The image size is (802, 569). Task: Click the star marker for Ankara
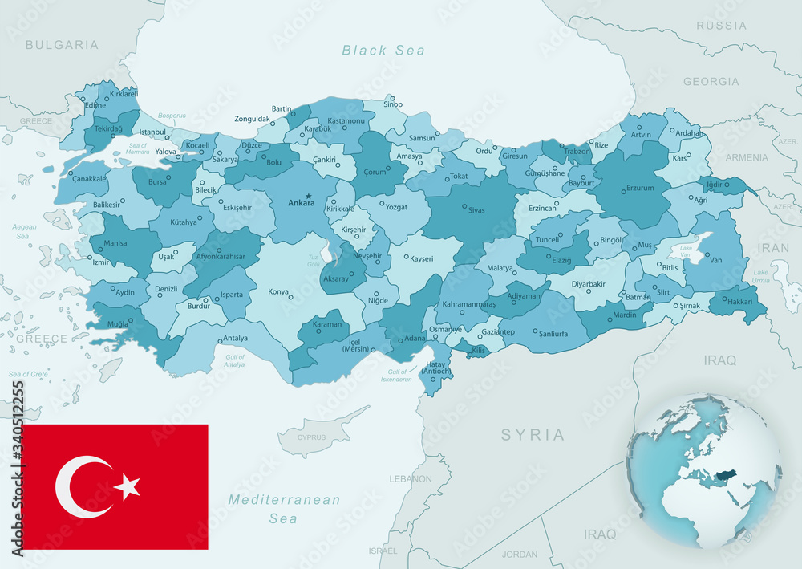[308, 196]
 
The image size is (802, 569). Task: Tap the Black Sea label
[383, 51]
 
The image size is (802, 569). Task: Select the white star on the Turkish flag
[127, 486]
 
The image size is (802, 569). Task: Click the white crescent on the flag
[80, 486]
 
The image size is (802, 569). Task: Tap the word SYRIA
[533, 435]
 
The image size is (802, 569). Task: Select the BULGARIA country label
[62, 45]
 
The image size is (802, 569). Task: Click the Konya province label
[279, 291]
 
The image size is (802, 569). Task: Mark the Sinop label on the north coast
[392, 104]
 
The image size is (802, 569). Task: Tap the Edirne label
[95, 105]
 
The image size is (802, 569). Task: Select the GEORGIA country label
[711, 81]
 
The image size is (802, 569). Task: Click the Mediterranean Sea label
[284, 509]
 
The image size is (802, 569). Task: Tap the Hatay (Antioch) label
[436, 368]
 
